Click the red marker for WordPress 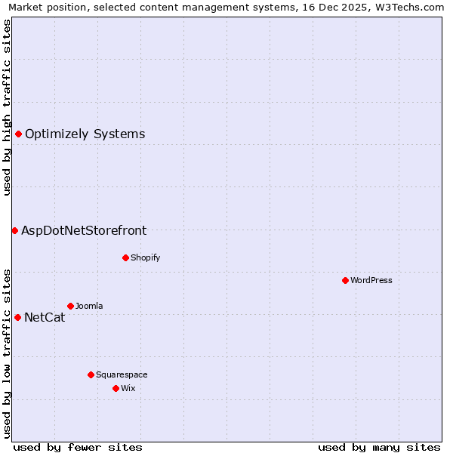click(x=345, y=280)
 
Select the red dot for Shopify click(x=125, y=257)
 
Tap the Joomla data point click(x=70, y=306)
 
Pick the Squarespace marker click(x=91, y=374)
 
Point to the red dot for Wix click(x=116, y=388)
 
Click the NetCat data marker click(x=17, y=317)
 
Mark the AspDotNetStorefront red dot click(x=14, y=230)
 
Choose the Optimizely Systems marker click(x=18, y=134)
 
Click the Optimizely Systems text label click(x=85, y=134)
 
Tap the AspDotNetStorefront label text click(x=84, y=231)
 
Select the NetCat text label click(x=45, y=318)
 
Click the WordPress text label click(x=371, y=280)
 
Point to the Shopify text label click(x=146, y=257)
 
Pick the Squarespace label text click(x=122, y=374)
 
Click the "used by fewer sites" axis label click(x=78, y=447)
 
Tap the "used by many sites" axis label click(x=379, y=447)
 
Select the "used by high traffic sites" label click(x=8, y=106)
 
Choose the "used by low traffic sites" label click(x=8, y=353)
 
